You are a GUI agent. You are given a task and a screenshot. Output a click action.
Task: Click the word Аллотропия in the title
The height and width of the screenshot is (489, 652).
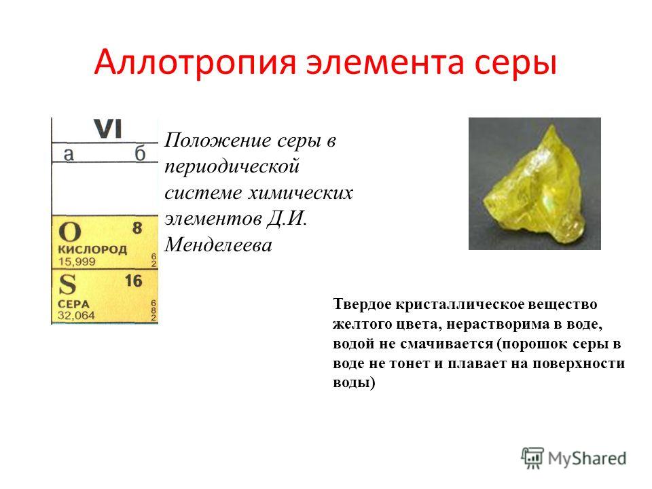click(x=195, y=62)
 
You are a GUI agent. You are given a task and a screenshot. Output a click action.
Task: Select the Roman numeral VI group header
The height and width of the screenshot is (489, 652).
click(x=108, y=129)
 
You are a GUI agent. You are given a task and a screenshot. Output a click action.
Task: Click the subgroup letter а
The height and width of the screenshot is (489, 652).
click(x=69, y=154)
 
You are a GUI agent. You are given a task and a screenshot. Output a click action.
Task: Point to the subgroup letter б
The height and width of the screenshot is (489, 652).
click(x=140, y=153)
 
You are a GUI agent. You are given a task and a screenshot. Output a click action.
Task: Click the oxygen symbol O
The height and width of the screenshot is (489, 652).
click(x=69, y=231)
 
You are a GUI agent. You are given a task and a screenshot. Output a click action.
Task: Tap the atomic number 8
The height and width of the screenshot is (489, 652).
click(x=137, y=228)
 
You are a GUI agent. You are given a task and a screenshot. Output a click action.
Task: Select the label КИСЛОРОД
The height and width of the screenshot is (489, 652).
click(x=92, y=249)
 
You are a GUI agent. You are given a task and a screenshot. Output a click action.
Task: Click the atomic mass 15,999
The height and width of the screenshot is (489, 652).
click(x=77, y=261)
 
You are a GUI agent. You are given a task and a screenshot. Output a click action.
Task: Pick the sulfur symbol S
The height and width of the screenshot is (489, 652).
click(x=67, y=285)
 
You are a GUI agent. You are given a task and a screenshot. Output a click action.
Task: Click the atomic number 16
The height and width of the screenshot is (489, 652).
click(x=134, y=280)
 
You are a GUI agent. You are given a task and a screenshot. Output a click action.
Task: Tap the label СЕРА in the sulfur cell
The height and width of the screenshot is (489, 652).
click(x=73, y=304)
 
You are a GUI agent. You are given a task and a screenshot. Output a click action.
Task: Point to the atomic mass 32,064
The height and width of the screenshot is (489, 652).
click(x=77, y=316)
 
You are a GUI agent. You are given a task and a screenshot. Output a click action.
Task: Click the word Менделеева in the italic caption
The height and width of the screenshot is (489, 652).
click(x=218, y=244)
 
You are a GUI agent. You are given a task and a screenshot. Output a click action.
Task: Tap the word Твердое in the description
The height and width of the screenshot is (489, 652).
click(x=362, y=304)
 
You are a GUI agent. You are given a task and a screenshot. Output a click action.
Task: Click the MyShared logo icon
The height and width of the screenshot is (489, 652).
click(x=532, y=458)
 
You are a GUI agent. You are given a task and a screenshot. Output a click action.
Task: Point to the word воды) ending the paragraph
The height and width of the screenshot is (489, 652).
click(x=354, y=382)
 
